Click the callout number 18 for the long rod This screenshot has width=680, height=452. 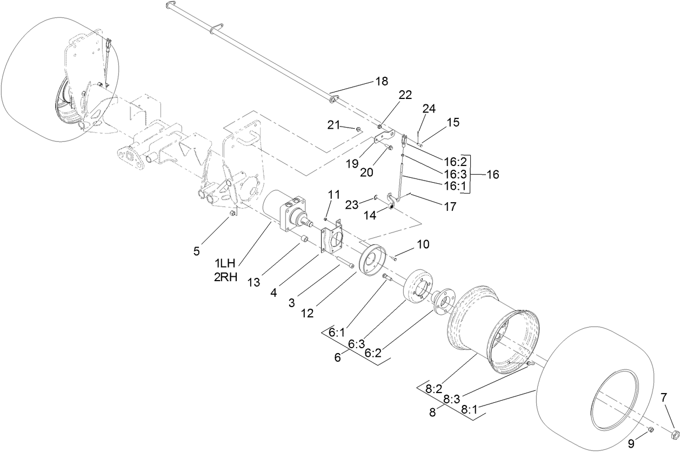(382, 82)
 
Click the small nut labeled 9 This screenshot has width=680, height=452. (651, 430)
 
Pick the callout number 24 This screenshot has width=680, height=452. (429, 108)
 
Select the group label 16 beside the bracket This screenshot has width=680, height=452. (492, 175)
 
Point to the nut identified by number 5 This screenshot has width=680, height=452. (231, 214)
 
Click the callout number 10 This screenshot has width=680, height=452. (423, 244)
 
